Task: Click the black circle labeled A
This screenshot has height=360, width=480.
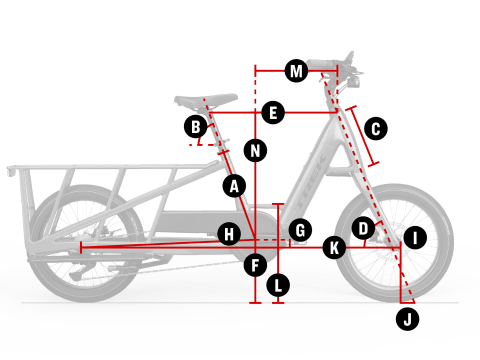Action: [234, 186]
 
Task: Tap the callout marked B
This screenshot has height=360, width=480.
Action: [196, 127]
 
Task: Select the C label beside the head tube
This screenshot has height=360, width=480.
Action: [376, 129]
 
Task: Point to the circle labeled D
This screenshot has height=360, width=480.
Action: [363, 228]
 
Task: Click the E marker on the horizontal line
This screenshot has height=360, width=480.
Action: [273, 112]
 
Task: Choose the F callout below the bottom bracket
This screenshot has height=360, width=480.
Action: [255, 265]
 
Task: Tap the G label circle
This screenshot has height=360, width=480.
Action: [300, 230]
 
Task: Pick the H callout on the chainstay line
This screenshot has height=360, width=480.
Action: [229, 234]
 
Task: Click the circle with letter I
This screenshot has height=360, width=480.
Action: [415, 238]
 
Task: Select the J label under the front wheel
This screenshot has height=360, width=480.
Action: [407, 319]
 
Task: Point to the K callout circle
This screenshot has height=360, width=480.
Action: [334, 248]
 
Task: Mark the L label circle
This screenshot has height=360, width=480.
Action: [278, 285]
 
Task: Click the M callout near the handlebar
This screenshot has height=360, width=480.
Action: [296, 71]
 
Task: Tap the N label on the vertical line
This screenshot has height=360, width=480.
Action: [255, 151]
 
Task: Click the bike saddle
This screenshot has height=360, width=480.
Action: [206, 101]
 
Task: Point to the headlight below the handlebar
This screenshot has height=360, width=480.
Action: [353, 82]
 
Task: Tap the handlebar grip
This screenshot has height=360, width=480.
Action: [321, 64]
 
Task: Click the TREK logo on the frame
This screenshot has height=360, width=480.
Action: [311, 182]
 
